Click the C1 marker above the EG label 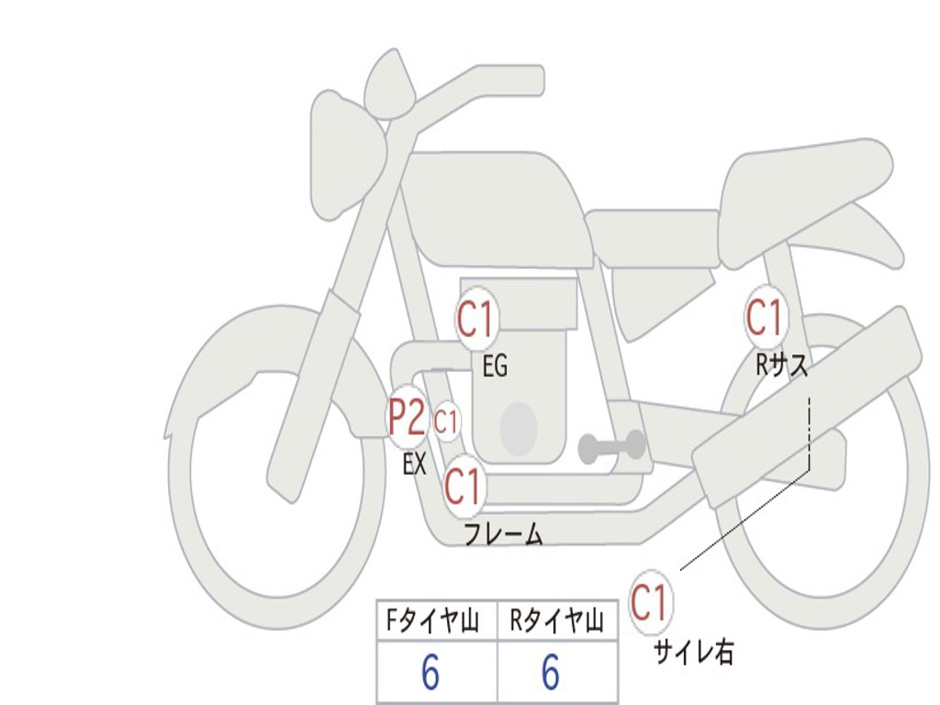pos(476,320)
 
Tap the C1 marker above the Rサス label pos(765,318)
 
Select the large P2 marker pos(407,419)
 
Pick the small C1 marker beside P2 pos(446,423)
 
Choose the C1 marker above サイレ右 pos(649,603)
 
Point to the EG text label pos(495,367)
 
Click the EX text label pos(415,464)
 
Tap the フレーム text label pos(503,534)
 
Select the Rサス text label pos(781,365)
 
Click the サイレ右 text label pos(693,652)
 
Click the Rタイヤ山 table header pos(556,622)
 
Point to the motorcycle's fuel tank pos(496,207)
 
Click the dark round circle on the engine pos(519,427)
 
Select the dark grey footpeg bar pos(611,447)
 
